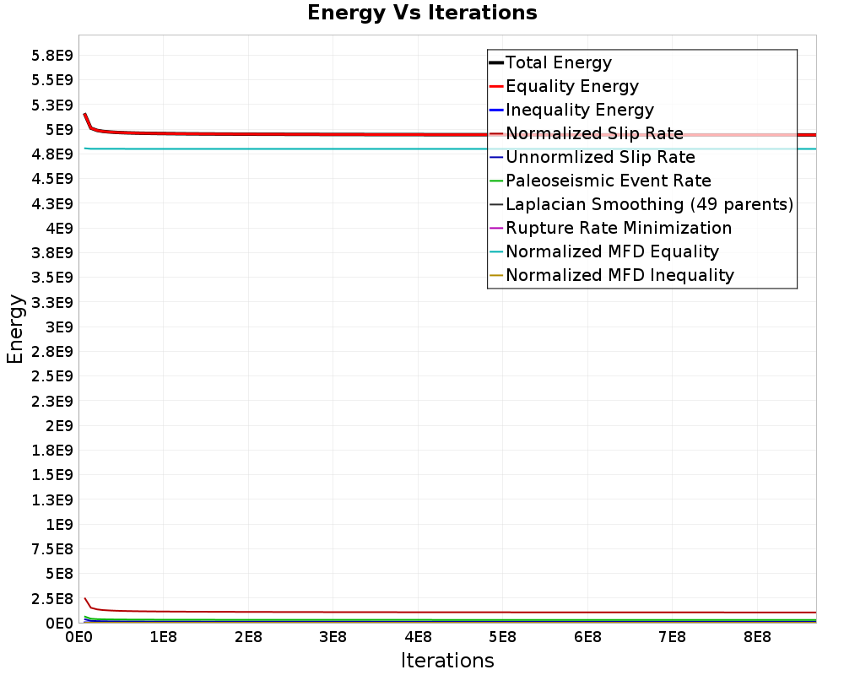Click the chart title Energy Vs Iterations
click(422, 13)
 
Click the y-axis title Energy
click(14, 328)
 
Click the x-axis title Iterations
click(447, 660)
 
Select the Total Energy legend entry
click(558, 62)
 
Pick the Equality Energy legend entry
click(571, 86)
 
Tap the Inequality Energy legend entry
click(579, 110)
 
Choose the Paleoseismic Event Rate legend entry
click(608, 181)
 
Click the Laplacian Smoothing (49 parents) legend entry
click(648, 204)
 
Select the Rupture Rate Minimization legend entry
click(618, 228)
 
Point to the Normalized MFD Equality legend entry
click(612, 251)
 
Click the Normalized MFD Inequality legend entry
click(619, 275)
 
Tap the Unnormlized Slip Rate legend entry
click(600, 157)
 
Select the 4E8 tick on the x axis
click(417, 635)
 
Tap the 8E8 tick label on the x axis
click(756, 635)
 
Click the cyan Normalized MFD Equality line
click(338, 148)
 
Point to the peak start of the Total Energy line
click(84, 114)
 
